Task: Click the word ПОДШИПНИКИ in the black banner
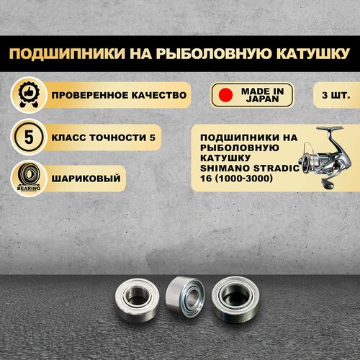coord(68,53)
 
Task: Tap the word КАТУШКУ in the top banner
coord(312,53)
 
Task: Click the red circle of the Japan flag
coord(225,95)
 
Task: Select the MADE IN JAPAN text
coord(262,95)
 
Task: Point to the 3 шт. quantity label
coord(336,95)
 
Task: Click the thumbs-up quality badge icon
coord(29,95)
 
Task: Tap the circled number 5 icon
coord(29,137)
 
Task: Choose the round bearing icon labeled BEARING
coord(29,179)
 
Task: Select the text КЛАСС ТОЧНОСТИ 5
coord(104,138)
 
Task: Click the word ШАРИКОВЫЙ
coord(86,179)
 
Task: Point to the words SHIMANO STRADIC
coord(250,168)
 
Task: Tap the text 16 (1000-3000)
coord(236,179)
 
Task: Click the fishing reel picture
coord(325,157)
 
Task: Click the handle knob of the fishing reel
coord(328,184)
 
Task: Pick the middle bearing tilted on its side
coord(185,297)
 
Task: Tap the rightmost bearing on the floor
coord(235,297)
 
